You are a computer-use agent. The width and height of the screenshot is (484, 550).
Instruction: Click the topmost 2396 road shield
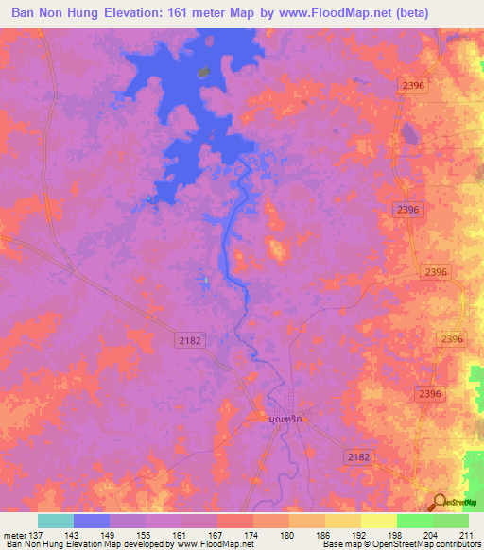(x=413, y=85)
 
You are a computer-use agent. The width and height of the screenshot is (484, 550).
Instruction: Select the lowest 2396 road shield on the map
(x=430, y=392)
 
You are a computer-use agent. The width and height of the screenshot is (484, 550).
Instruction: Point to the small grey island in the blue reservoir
(x=202, y=72)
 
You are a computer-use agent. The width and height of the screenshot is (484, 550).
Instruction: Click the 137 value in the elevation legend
(x=33, y=533)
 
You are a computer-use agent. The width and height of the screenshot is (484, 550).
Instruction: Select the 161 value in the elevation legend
(x=181, y=533)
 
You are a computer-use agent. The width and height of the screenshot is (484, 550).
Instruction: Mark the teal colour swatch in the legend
(x=56, y=521)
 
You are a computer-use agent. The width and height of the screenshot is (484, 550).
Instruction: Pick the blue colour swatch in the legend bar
(x=92, y=521)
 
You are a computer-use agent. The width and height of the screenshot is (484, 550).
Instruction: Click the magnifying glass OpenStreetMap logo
(x=441, y=502)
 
